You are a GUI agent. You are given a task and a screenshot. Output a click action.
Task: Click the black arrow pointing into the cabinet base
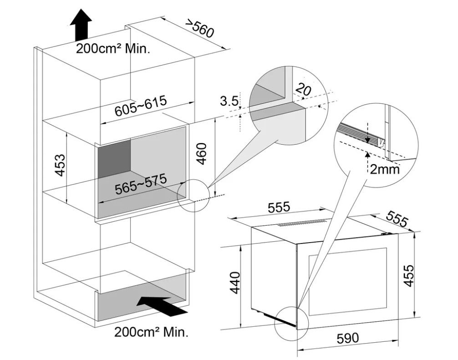(x=163, y=305)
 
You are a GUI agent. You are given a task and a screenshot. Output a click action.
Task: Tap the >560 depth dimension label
(x=198, y=29)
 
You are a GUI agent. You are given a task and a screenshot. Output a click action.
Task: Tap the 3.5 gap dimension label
(x=229, y=101)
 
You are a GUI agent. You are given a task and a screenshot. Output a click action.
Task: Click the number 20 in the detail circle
(x=303, y=90)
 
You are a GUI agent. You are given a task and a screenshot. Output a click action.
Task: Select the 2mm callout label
(x=384, y=170)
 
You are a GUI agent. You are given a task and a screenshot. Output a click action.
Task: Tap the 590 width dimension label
(x=347, y=338)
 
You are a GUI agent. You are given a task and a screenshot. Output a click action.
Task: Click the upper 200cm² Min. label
(x=112, y=49)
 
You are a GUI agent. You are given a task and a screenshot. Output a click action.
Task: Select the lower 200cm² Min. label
(x=151, y=332)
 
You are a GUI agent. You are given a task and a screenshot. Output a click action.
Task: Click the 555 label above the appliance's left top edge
(x=278, y=208)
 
